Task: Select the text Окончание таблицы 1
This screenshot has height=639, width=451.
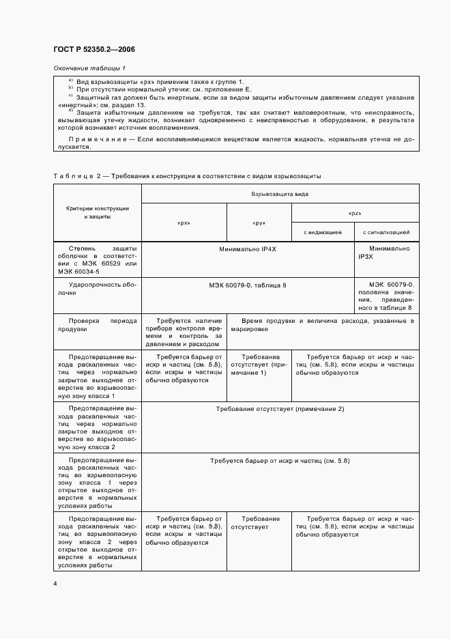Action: coord(89,69)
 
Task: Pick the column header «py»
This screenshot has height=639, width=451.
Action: coord(259,223)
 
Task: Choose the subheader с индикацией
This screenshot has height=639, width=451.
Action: coord(323,233)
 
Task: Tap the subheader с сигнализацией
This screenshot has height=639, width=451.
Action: coord(386,233)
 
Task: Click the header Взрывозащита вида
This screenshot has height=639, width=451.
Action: coord(280,194)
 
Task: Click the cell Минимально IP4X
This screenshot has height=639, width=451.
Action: coord(247,250)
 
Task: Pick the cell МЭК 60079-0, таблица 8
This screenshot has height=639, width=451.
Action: coord(247,284)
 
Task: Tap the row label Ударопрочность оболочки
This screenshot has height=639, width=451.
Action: coord(97,287)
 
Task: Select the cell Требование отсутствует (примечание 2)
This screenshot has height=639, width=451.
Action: coord(280,408)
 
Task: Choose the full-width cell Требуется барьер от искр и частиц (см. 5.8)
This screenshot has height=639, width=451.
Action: coord(280,461)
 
